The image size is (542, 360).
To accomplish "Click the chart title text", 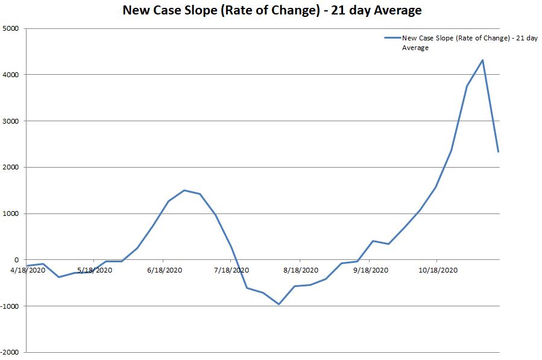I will [272, 10].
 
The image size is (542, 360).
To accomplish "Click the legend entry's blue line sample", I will [392, 38].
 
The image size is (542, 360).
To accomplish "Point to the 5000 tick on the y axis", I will [11, 28].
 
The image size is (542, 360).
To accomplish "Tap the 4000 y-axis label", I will [11, 75].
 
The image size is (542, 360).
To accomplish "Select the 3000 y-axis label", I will [11, 121].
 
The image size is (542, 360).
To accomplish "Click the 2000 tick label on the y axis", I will [11, 168].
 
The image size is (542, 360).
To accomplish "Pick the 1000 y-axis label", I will [11, 213].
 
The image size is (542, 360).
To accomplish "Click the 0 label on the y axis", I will [17, 260].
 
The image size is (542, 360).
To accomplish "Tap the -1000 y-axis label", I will [10, 306].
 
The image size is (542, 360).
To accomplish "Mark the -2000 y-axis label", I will [10, 352].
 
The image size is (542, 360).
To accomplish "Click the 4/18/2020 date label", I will [28, 270].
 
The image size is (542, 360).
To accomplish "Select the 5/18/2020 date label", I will [95, 270].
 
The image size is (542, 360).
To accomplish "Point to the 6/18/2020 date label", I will [165, 270].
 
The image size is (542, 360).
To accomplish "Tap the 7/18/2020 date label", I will [232, 270].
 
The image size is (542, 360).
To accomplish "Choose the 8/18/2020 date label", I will [301, 270].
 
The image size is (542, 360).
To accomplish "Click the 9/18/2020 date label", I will [371, 270].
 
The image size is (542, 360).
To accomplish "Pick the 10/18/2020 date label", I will [438, 270].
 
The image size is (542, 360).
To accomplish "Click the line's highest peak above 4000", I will [482, 60].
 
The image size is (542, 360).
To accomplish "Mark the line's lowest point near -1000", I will [279, 304].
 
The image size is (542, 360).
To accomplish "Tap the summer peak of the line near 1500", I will [184, 190].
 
